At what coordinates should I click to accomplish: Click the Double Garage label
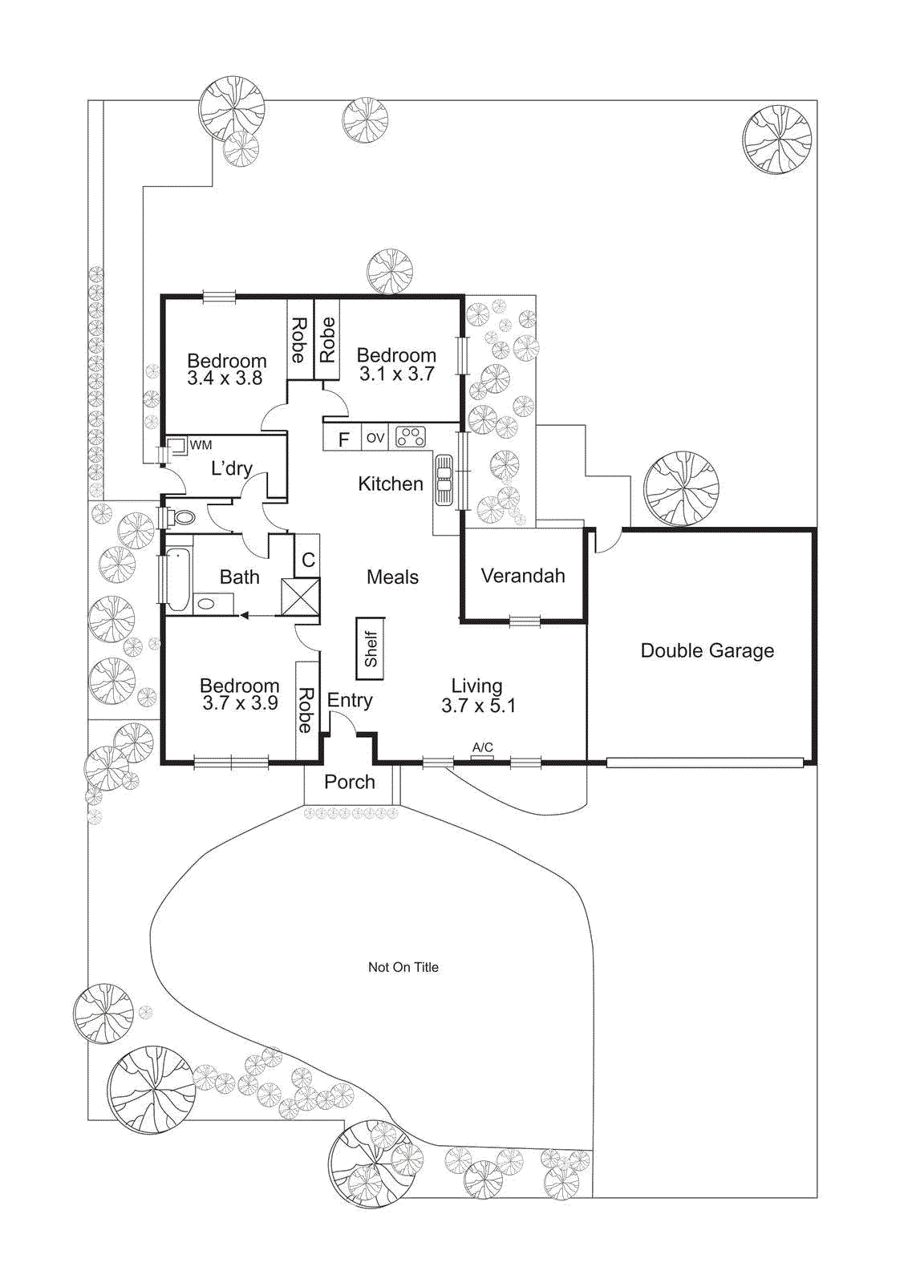pos(707,650)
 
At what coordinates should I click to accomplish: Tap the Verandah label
pos(523,576)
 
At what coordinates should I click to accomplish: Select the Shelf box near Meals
pos(371,649)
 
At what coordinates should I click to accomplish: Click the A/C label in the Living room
pos(482,747)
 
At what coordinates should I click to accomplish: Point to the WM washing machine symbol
pos(177,446)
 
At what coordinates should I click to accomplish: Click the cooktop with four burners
pos(411,437)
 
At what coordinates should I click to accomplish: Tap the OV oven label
pos(375,438)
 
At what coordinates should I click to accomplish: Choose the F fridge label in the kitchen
pos(344,439)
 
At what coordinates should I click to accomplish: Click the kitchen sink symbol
pos(444,480)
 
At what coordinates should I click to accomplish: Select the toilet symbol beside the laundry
pos(181,517)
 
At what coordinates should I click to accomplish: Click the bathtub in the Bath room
pos(178,579)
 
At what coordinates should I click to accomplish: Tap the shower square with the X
pos(300,597)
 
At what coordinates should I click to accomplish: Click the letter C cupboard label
pos(308,560)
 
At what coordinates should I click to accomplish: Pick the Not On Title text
pos(403,967)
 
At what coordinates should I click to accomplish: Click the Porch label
pos(350,782)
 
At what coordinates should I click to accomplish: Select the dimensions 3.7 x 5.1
pos(478,706)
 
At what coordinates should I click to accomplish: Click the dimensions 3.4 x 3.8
pos(225,378)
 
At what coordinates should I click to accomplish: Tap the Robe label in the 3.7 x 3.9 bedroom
pos(306,710)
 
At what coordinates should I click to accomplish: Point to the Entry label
pos(350,700)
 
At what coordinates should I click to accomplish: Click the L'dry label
pos(231,468)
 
